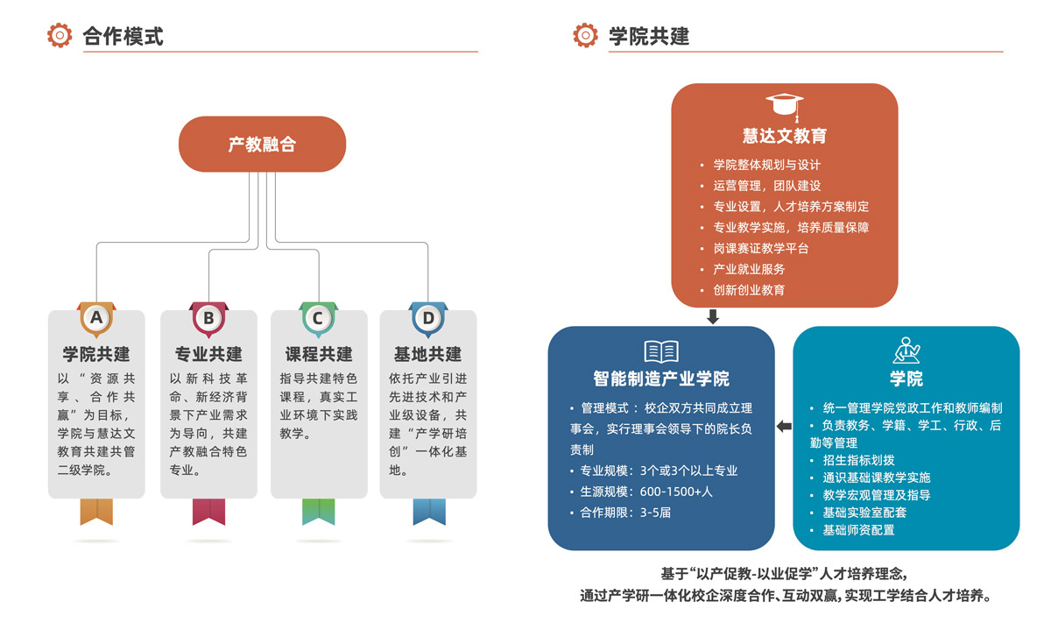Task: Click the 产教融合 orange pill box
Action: click(262, 145)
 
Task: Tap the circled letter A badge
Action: click(96, 318)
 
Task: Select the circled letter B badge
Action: click(208, 318)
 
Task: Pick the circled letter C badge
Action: click(318, 318)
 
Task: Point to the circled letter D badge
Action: click(428, 318)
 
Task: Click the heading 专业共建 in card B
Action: click(208, 354)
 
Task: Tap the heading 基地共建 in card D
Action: click(428, 354)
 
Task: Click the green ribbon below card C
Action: click(318, 512)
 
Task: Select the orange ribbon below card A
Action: click(96, 512)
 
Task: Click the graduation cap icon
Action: click(784, 107)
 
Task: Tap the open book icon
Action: click(661, 352)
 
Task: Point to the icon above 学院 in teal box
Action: click(906, 350)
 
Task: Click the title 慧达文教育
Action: click(784, 136)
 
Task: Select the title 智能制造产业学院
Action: click(661, 379)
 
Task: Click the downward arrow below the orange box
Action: click(713, 316)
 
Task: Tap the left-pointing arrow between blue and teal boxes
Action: click(783, 427)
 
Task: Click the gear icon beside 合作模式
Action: click(60, 36)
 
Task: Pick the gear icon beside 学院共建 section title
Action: click(585, 36)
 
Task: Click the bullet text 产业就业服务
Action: click(749, 269)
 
